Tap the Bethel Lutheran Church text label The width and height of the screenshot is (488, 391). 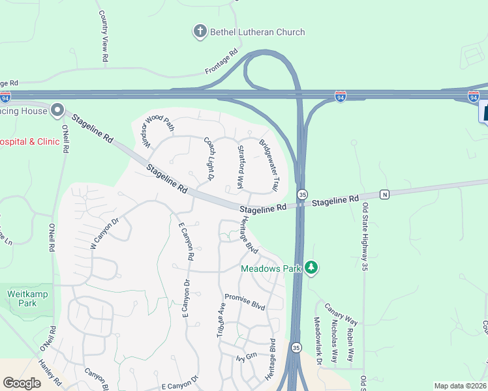click(x=257, y=31)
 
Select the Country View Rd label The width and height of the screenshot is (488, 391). click(x=103, y=36)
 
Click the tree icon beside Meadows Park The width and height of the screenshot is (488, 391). click(x=312, y=267)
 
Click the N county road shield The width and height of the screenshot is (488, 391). click(x=384, y=194)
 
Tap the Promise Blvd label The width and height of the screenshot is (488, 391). click(x=245, y=301)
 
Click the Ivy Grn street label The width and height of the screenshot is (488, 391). click(x=247, y=356)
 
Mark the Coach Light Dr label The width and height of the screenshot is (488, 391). click(x=209, y=158)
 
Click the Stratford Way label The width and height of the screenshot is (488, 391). click(x=240, y=166)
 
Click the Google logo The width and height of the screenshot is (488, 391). click(x=22, y=383)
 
